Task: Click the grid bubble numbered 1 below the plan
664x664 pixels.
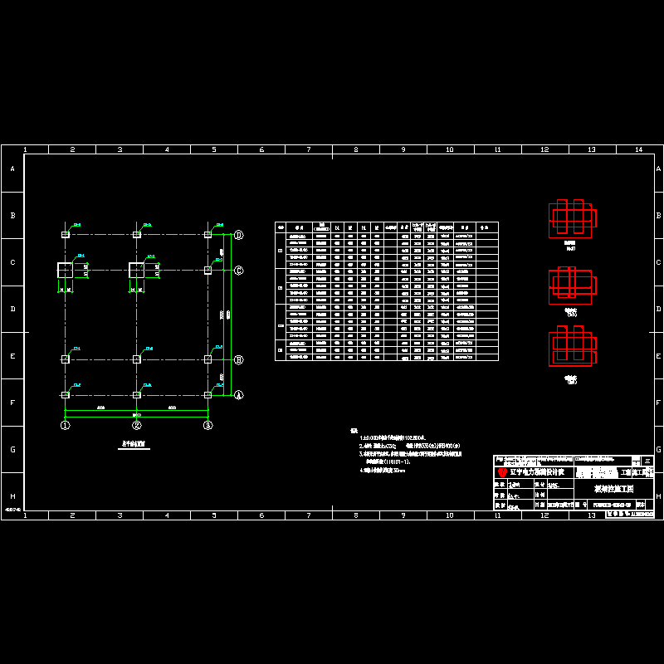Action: click(65, 425)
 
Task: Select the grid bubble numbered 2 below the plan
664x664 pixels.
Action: click(137, 425)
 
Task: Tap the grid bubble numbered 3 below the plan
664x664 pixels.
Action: click(208, 425)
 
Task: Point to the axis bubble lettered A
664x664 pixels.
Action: click(238, 395)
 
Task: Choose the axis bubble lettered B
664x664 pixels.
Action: click(238, 359)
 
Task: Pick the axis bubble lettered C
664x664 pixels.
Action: click(238, 270)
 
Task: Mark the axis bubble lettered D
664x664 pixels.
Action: click(238, 235)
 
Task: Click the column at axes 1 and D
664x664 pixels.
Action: click(65, 235)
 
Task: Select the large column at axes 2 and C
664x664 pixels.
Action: click(137, 270)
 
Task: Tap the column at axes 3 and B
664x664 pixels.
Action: click(207, 359)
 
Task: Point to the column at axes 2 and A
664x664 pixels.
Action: click(137, 395)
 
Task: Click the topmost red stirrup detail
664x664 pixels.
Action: click(572, 217)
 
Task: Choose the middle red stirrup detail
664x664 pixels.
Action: click(571, 284)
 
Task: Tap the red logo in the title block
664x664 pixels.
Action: click(502, 472)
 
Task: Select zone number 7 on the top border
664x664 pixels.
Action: click(309, 149)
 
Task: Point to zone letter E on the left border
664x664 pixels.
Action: click(12, 356)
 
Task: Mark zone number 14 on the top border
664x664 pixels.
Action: click(638, 149)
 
